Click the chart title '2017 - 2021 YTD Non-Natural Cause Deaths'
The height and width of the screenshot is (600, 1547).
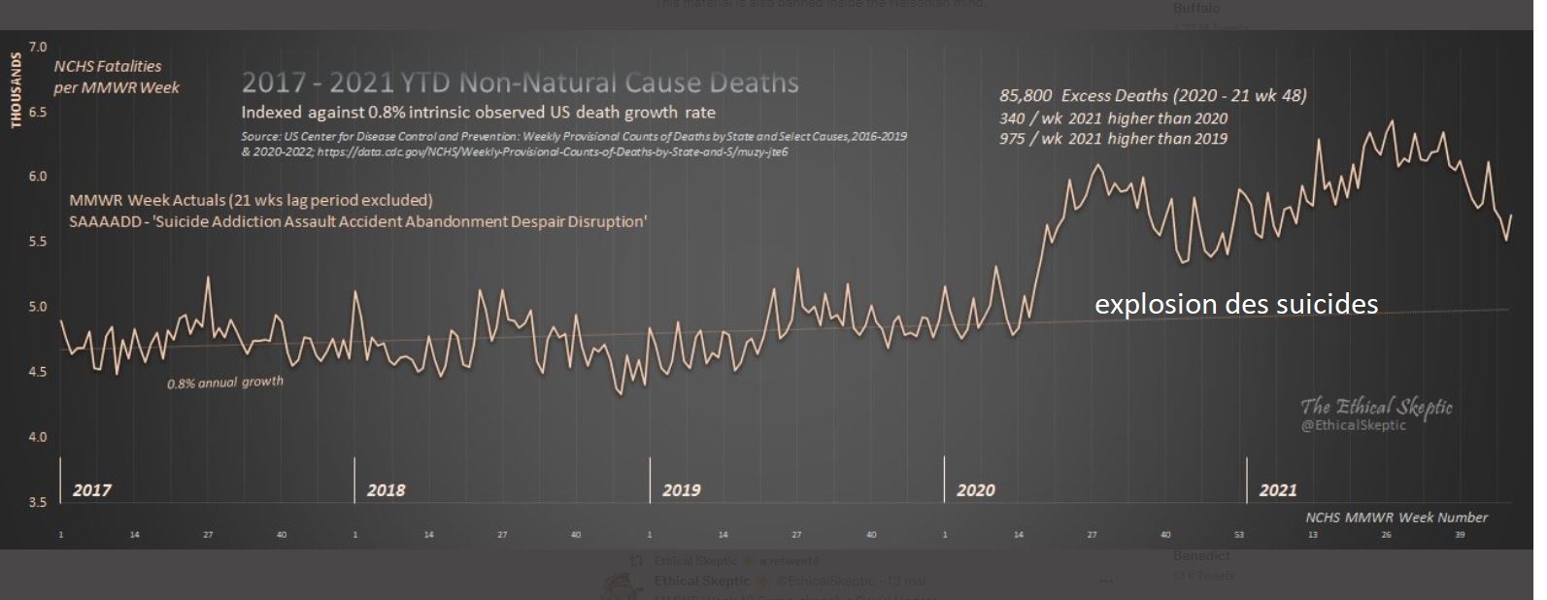(520, 83)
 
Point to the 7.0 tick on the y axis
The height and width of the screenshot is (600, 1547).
(38, 47)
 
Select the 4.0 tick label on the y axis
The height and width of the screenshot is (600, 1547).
(38, 437)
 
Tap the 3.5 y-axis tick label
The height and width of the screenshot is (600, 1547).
(38, 502)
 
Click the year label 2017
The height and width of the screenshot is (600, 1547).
(91, 490)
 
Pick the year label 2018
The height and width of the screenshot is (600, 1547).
(386, 490)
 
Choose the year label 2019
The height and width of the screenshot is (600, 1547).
(681, 490)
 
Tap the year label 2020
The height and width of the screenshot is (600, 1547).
(975, 490)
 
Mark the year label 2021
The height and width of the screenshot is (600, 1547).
(1277, 490)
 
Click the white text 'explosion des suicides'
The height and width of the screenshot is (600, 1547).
(1235, 305)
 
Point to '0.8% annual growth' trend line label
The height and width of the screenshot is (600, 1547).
(225, 383)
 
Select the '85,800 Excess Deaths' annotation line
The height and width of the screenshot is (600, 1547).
(1153, 95)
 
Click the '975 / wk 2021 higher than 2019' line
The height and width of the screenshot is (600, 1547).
(1113, 139)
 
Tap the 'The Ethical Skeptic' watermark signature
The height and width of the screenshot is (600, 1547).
(1376, 406)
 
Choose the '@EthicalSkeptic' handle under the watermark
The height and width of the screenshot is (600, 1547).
(1353, 425)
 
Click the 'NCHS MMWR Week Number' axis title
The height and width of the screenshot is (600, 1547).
(1396, 517)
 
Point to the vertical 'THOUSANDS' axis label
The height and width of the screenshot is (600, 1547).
(16, 90)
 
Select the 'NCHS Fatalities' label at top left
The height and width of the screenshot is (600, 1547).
(108, 66)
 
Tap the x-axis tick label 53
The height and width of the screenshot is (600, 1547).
(1239, 535)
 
